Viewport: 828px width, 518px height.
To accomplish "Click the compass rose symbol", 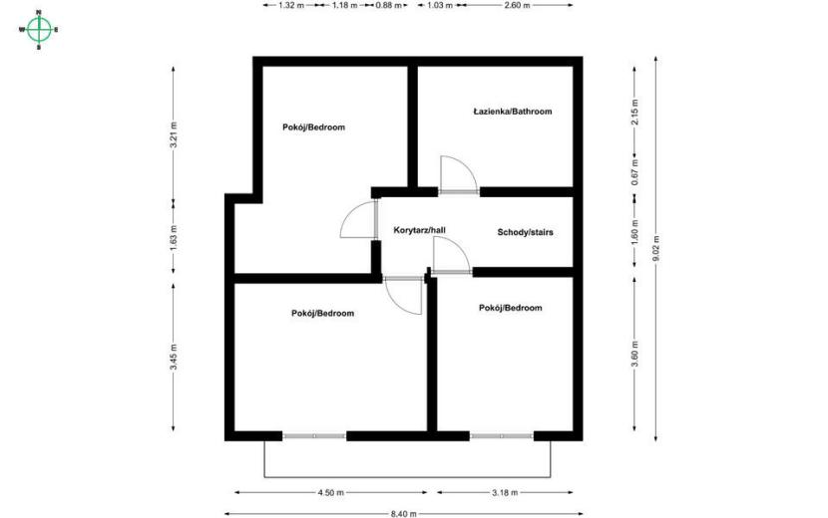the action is [39, 30].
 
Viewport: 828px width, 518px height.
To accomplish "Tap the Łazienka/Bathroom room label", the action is [512, 112].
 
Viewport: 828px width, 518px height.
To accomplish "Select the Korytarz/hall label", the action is [419, 230].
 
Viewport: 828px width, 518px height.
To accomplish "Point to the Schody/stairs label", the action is [525, 232].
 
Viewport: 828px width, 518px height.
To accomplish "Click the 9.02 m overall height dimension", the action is [655, 248].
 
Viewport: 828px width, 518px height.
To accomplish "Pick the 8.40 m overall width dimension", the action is [404, 513].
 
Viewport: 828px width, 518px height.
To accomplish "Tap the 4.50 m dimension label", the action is [330, 493].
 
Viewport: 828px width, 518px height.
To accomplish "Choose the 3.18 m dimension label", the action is [505, 493].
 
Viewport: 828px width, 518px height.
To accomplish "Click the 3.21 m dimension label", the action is [174, 135].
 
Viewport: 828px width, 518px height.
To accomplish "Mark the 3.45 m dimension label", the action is [174, 357].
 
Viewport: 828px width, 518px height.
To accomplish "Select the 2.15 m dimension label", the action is [634, 112].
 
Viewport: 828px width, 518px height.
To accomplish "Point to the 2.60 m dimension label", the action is [517, 5].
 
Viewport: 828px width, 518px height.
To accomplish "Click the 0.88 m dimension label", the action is [389, 5].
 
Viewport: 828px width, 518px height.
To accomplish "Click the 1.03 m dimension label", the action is [440, 5].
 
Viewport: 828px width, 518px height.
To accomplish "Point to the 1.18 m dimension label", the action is [344, 5].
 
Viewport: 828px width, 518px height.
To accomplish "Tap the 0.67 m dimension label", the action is [634, 171].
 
